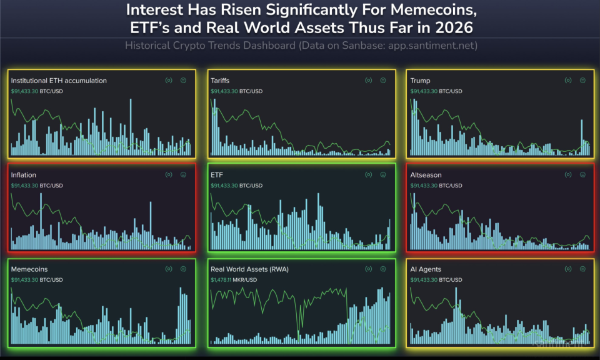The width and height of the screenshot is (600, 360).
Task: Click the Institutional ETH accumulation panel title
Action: point(59,81)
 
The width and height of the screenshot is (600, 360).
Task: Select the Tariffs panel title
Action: point(220,81)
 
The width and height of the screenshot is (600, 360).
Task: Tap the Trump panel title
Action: point(420,81)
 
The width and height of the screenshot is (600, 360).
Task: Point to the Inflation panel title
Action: point(23,175)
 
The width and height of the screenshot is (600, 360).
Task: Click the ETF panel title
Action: point(217,175)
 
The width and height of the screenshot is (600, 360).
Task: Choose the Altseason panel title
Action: point(426,175)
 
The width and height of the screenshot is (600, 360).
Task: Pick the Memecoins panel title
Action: point(29,269)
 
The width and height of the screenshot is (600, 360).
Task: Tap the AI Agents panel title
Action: point(426,269)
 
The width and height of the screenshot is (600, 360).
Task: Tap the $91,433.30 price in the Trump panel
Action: point(424,91)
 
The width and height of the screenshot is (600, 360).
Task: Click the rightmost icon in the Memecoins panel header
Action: point(183,269)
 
